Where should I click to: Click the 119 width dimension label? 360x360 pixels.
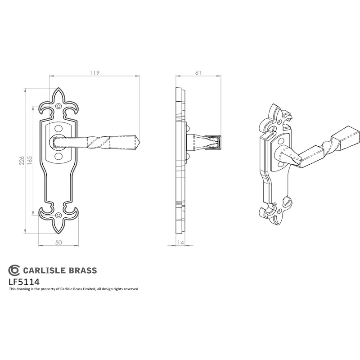[94, 73]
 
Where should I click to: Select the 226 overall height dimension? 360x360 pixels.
[22, 161]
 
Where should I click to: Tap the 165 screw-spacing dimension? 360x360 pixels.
[30, 161]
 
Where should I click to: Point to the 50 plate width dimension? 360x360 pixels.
[58, 243]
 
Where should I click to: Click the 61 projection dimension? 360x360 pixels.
[198, 73]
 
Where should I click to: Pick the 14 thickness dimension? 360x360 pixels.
[181, 243]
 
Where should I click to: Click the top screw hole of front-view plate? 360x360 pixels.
[59, 106]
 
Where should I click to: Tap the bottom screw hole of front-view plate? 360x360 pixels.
[59, 216]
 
